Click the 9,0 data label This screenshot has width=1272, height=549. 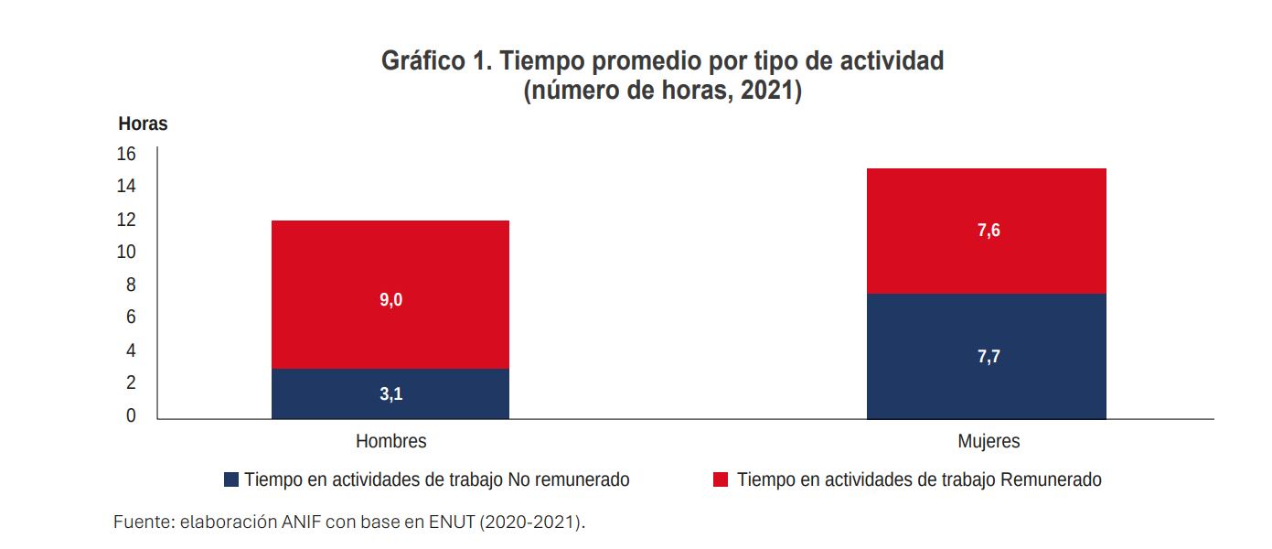click(390, 298)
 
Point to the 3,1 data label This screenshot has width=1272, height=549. click(390, 394)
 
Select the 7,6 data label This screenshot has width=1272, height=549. click(989, 231)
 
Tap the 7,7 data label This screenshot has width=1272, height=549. click(989, 357)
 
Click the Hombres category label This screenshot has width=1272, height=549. click(390, 441)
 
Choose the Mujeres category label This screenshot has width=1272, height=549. click(989, 441)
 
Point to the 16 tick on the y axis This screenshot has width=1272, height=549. click(126, 154)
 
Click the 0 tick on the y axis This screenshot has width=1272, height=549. click(130, 415)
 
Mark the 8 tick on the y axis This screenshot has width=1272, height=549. click(130, 285)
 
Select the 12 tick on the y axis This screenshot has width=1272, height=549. click(126, 220)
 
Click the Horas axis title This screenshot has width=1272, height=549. click(143, 124)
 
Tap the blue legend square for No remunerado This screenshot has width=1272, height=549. click(231, 479)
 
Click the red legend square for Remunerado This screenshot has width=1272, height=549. click(721, 479)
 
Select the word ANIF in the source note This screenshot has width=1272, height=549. click(298, 522)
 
